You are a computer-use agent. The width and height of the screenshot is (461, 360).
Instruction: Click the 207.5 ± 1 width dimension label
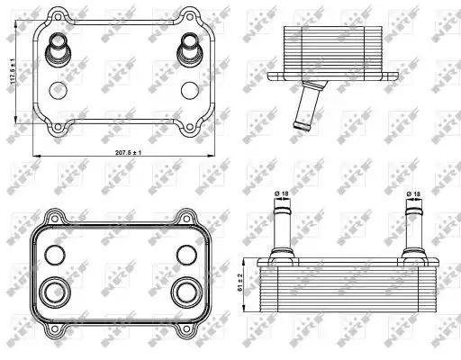click(x=128, y=152)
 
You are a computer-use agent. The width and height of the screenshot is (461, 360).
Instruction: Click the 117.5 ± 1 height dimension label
click(x=13, y=71)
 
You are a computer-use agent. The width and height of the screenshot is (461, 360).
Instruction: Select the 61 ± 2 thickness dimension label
click(x=240, y=283)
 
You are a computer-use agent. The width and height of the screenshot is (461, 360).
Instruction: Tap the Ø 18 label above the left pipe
click(x=282, y=193)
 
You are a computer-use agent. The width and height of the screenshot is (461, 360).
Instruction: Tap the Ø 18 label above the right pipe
click(x=413, y=194)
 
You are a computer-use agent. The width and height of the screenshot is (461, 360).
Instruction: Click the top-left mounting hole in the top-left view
click(x=58, y=16)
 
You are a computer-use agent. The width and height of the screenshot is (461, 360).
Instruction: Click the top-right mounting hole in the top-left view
click(x=189, y=16)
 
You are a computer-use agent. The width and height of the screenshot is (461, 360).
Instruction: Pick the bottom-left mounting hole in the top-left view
click(x=58, y=127)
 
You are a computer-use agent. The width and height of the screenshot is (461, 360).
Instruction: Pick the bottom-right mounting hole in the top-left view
click(x=189, y=127)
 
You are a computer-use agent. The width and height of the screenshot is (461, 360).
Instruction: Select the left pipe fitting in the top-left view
click(x=58, y=49)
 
